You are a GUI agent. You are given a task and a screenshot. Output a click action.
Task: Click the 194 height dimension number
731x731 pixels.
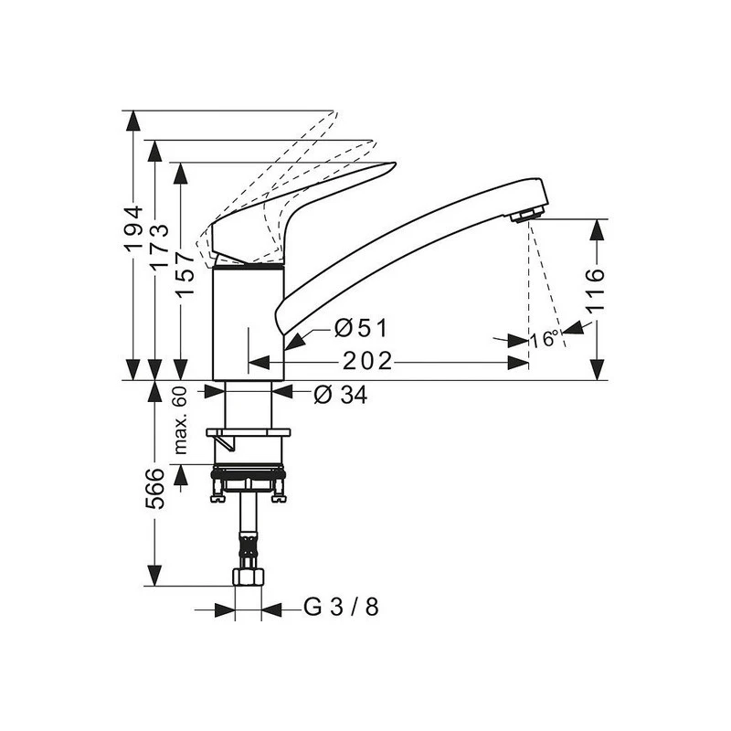(134, 228)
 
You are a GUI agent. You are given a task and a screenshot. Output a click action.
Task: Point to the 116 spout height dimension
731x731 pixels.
(596, 290)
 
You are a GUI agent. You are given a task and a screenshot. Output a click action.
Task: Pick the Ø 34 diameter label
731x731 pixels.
(341, 395)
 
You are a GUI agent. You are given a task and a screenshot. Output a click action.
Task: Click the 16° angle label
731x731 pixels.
(546, 339)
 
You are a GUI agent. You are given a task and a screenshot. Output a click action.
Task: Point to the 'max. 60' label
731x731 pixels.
(181, 420)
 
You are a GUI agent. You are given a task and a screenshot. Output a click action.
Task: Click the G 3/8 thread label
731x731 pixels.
(340, 608)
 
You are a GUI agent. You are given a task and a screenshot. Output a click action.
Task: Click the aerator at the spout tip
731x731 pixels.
(525, 215)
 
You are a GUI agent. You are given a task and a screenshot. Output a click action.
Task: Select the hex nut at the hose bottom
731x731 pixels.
(248, 577)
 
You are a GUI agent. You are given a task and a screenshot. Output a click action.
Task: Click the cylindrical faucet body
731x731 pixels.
(248, 324)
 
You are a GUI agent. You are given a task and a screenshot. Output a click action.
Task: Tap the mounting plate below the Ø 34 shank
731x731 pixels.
(248, 432)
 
